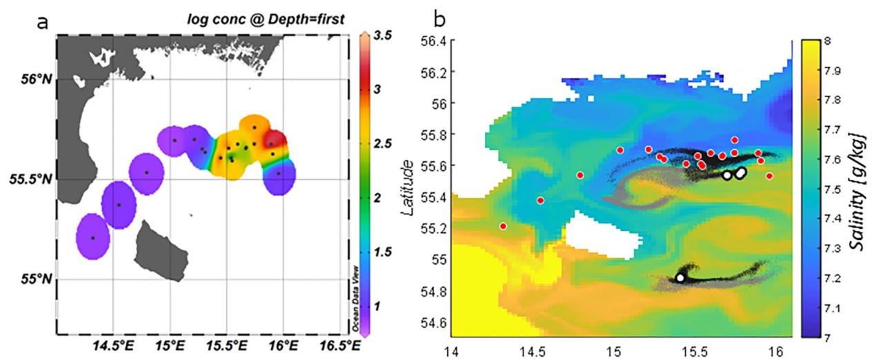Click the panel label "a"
[x=43, y=23]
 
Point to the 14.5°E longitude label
[x=112, y=342]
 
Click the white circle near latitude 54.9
[x=680, y=277]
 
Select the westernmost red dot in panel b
[x=503, y=226]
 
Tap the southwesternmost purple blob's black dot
[x=93, y=238]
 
